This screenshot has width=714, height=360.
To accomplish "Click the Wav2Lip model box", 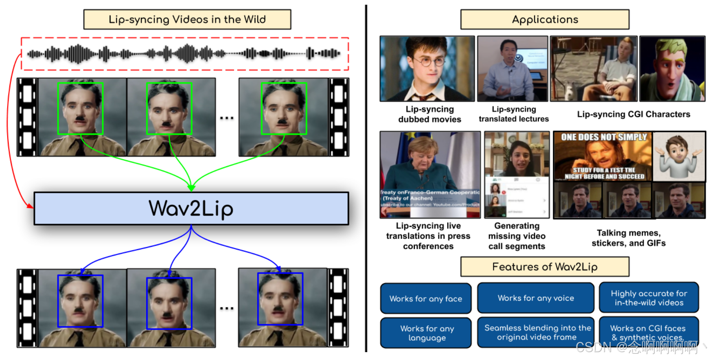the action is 191,208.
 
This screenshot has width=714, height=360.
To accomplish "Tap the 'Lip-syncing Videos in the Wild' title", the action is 187,19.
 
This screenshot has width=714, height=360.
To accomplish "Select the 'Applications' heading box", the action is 545,19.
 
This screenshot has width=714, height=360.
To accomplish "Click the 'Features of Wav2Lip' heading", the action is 545,267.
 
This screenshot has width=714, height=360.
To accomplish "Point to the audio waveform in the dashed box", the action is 184,53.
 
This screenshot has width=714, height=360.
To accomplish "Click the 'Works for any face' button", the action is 425,299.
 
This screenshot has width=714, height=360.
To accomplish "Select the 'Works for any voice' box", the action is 535,298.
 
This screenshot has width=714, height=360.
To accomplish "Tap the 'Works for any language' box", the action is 426,333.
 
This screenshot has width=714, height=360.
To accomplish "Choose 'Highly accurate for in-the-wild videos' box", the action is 649,298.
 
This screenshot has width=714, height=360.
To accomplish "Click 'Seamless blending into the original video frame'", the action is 537,332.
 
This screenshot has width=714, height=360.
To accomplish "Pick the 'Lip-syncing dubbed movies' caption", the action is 429,114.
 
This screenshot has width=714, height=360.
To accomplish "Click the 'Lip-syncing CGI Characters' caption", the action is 633,114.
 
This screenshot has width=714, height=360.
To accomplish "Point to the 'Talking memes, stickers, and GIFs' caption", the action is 628,238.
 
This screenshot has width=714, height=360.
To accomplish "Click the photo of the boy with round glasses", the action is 427,68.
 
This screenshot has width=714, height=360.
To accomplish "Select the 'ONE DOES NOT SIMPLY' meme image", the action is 602,156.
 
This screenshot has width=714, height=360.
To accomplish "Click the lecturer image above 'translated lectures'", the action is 512,68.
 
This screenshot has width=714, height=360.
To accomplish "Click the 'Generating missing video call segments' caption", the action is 517,236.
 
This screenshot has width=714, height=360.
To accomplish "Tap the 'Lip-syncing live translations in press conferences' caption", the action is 428,236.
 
